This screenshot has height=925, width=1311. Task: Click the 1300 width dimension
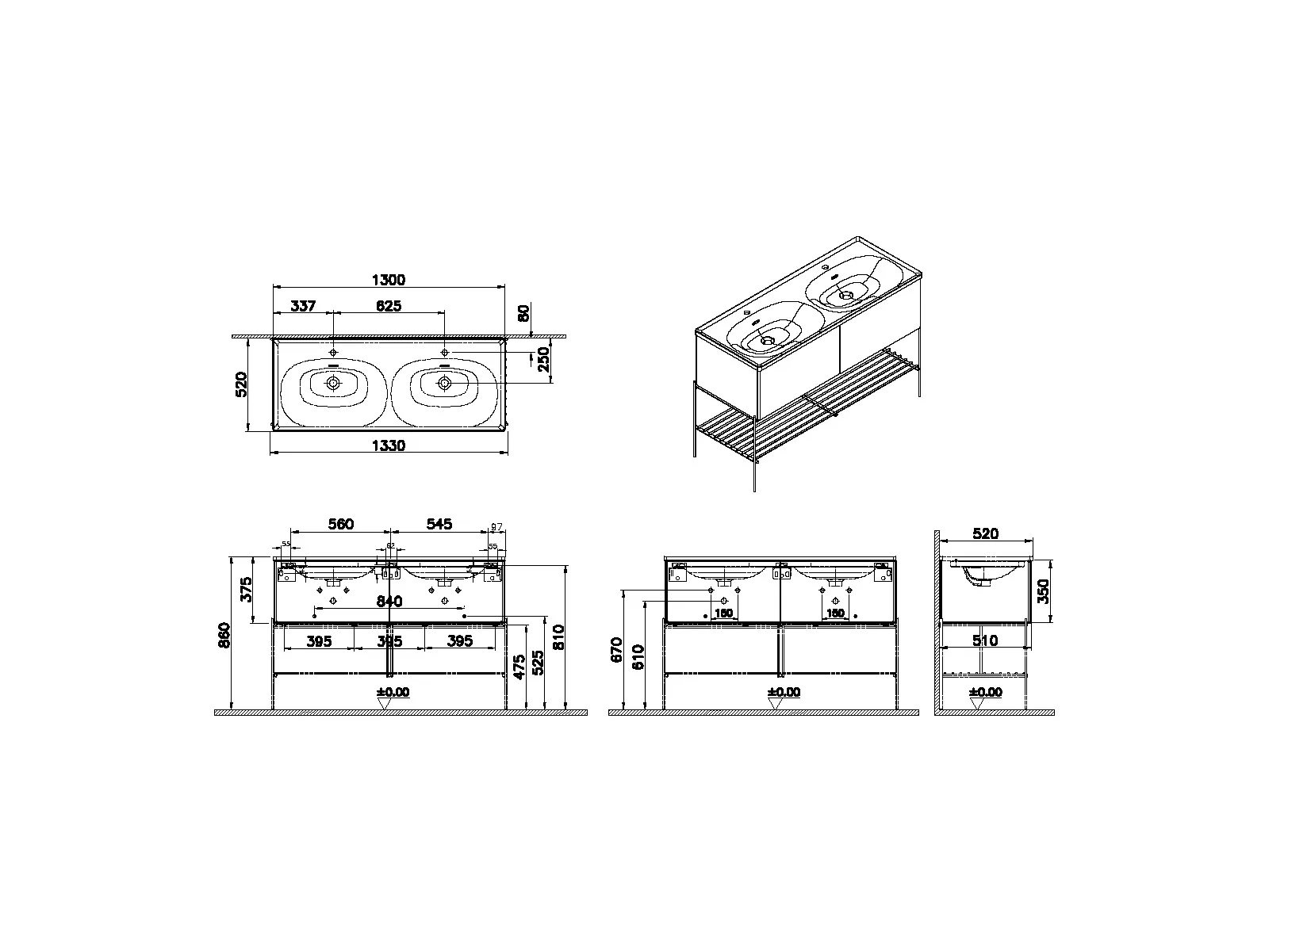pos(389,280)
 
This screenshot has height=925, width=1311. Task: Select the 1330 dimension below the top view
pos(389,445)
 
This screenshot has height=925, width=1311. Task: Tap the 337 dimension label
pos(303,306)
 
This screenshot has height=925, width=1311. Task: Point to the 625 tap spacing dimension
pos(388,306)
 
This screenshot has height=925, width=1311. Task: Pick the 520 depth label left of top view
pos(242,384)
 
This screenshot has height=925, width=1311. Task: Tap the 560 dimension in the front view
pos(341,524)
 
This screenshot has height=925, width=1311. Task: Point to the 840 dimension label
pos(389,602)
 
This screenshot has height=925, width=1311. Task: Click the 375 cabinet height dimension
pos(247,590)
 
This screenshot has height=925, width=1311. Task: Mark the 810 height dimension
pos(559,637)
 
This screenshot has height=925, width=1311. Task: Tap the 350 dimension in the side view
pos(1045,591)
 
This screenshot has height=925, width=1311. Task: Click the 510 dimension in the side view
pos(985,640)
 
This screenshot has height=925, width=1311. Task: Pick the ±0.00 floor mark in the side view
pos(986,693)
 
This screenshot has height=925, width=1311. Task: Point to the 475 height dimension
pos(519,668)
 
